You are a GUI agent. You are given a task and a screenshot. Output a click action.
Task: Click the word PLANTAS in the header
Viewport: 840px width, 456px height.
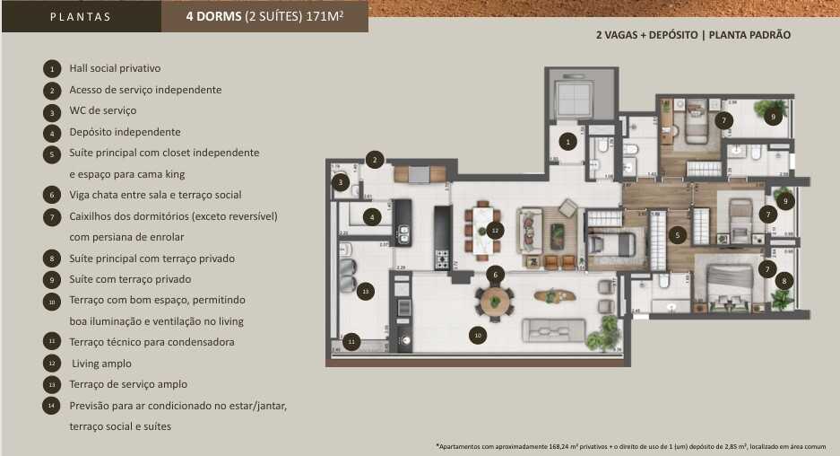(x=81, y=16)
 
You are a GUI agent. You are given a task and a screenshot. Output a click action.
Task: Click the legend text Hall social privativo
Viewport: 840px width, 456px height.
(x=115, y=68)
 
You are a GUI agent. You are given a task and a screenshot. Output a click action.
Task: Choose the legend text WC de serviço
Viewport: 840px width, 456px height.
(x=102, y=110)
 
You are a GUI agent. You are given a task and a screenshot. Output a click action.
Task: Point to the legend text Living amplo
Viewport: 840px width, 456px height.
(x=101, y=364)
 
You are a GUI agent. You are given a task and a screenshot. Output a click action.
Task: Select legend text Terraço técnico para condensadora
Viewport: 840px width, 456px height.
(x=152, y=342)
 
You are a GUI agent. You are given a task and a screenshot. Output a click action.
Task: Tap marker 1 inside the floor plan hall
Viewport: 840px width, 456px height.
(x=567, y=141)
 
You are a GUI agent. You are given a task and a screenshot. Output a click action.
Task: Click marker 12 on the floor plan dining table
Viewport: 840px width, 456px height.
(x=493, y=231)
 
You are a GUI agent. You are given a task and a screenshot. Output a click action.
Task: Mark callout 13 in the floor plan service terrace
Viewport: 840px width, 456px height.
(x=364, y=291)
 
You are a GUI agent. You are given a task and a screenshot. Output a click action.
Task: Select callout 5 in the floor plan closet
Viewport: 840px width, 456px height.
(x=679, y=236)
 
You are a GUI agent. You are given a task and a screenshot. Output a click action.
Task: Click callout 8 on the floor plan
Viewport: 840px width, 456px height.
(x=784, y=280)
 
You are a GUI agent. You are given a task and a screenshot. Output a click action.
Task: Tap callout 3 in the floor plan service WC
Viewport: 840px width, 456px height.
(x=340, y=183)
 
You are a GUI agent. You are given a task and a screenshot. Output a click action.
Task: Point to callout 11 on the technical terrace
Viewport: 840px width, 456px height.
(x=352, y=342)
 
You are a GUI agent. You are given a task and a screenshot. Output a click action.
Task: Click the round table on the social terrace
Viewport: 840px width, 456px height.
(x=494, y=301)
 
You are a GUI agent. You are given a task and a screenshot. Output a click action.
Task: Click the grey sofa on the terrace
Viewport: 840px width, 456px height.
(x=553, y=329)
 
